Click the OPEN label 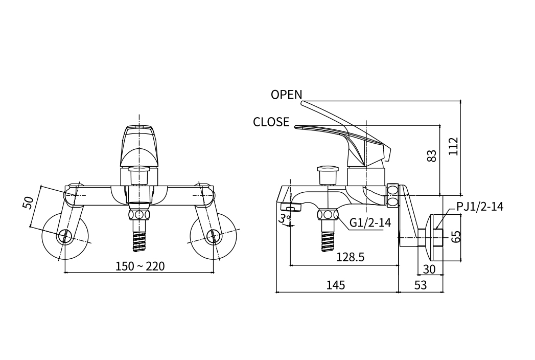(286, 95)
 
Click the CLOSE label (271, 122)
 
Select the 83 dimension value (432, 156)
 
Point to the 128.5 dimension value (350, 258)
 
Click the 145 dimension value (335, 285)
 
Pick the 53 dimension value (420, 285)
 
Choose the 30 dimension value (429, 269)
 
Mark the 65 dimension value (456, 236)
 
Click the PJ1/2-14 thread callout (480, 207)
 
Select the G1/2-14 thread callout (370, 222)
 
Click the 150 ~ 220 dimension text (140, 266)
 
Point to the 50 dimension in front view (29, 202)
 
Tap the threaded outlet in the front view (139, 239)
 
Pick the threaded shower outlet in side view (327, 239)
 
